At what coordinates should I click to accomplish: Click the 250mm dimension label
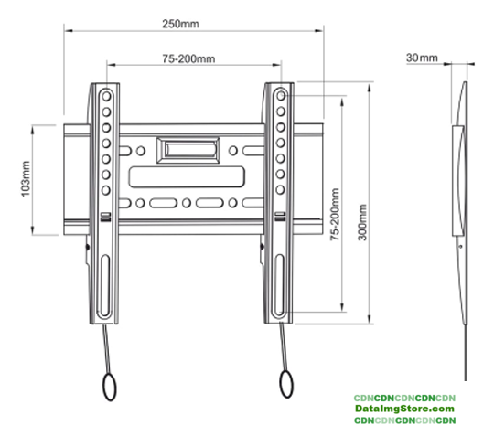(x=180, y=24)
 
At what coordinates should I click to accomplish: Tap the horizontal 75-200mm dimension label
(x=188, y=58)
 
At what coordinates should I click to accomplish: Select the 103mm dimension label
(x=26, y=178)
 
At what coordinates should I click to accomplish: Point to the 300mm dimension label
(x=362, y=222)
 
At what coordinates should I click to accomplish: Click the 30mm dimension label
(x=422, y=58)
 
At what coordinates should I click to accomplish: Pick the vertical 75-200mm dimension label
(x=335, y=215)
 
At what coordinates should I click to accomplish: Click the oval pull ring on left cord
(x=110, y=387)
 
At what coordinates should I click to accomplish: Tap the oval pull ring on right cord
(x=286, y=384)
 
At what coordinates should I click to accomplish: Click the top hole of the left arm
(x=106, y=96)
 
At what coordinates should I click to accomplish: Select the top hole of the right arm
(x=281, y=96)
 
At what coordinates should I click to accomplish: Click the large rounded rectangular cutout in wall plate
(x=187, y=177)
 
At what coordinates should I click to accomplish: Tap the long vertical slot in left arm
(x=105, y=285)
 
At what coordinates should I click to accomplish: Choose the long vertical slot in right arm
(x=279, y=285)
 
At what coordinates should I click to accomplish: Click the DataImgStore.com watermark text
(x=404, y=409)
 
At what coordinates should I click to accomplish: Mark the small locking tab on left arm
(x=105, y=217)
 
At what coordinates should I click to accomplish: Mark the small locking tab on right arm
(x=280, y=217)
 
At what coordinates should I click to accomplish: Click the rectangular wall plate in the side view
(x=457, y=181)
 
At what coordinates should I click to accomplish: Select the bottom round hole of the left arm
(x=106, y=190)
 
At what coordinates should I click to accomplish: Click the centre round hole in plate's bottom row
(x=187, y=203)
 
